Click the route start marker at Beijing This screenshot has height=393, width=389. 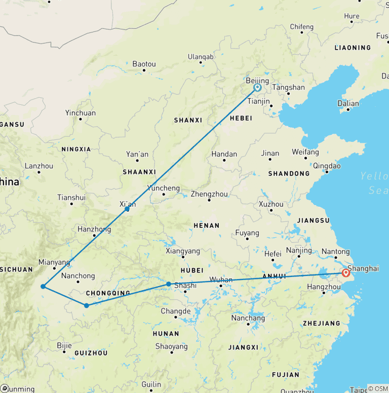257,88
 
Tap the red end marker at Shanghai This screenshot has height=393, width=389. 346,273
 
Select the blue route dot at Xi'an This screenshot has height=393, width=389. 127,209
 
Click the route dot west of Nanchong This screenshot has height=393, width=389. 43,287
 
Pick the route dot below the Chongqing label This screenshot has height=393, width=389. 87,305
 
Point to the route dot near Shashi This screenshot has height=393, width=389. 169,284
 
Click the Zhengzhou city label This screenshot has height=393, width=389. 209,194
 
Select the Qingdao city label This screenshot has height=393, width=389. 327,166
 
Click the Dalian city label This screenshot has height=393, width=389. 348,103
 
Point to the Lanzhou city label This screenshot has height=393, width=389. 38,166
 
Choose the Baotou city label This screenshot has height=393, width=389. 144,64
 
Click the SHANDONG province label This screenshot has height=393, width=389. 289,174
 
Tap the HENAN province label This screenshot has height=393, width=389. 206,225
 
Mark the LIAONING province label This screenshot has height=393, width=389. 353,48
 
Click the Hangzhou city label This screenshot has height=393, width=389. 324,287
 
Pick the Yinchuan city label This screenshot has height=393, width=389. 80,113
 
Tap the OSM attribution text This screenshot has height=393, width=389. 377,388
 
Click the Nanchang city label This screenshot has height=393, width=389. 248,319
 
